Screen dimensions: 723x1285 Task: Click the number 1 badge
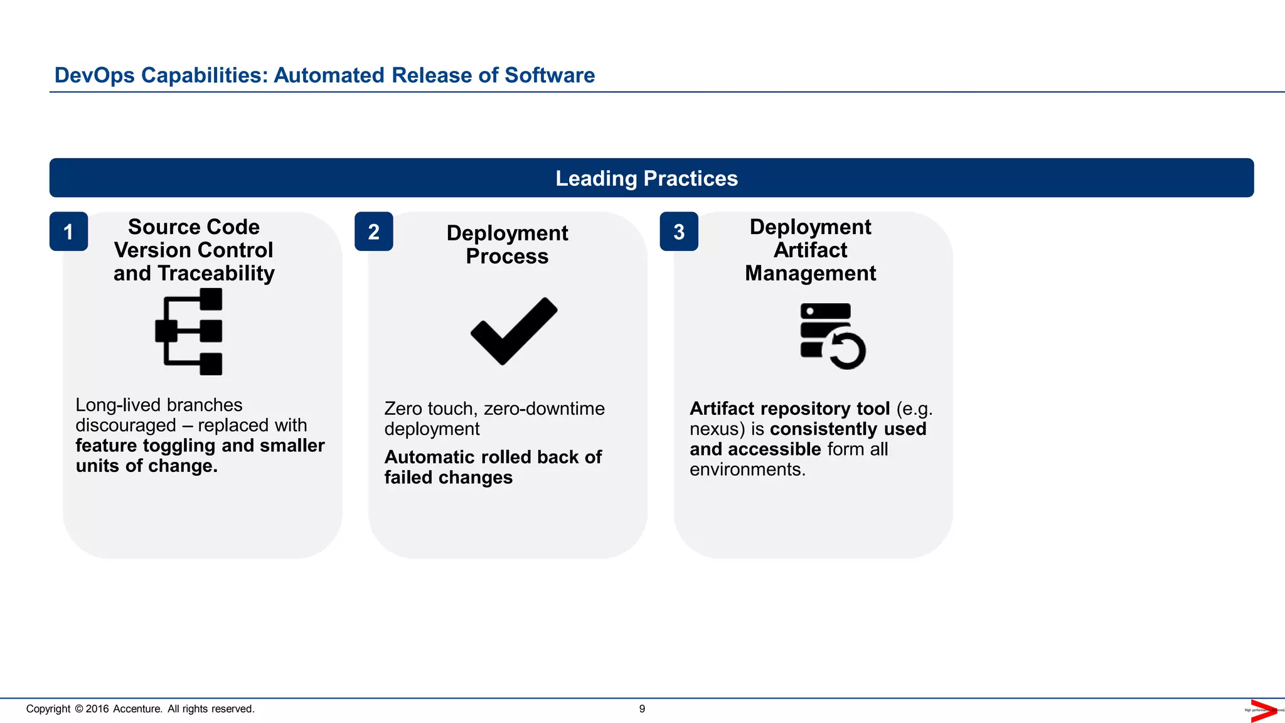click(68, 232)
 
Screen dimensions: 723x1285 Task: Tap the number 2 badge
click(373, 232)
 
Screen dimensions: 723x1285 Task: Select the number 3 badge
click(679, 232)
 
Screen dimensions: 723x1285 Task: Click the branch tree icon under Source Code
click(189, 331)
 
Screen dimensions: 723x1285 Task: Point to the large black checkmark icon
click(514, 331)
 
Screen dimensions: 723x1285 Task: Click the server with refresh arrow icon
click(833, 336)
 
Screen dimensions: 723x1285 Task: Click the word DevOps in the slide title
click(95, 75)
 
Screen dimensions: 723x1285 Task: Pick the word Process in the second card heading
click(507, 256)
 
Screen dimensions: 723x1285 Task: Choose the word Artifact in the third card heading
click(810, 250)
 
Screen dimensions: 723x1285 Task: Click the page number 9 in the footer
click(642, 709)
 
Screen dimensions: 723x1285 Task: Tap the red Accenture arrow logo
click(1262, 710)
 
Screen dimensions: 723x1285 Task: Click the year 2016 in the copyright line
click(97, 709)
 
